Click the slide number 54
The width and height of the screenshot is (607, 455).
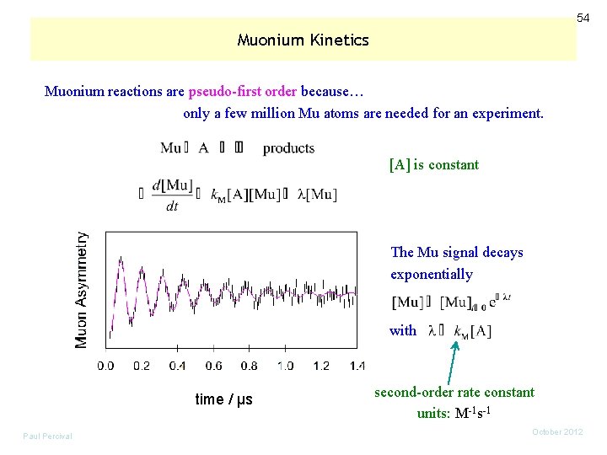[583, 18]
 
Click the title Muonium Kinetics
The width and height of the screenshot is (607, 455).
[303, 40]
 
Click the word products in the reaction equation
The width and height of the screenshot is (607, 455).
[288, 148]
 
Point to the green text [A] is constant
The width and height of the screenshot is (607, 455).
[433, 165]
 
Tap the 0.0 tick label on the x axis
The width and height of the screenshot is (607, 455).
[105, 366]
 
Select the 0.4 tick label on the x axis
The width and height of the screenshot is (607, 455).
[177, 366]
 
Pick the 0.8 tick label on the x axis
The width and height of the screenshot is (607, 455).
[249, 366]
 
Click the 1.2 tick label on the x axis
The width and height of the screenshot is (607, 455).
[320, 366]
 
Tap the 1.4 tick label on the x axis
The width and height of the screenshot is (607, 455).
[357, 366]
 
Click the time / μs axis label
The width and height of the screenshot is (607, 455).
[223, 399]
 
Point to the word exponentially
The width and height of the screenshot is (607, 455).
[431, 274]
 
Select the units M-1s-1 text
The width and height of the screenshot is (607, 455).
[454, 413]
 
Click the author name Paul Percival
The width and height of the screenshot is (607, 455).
[47, 436]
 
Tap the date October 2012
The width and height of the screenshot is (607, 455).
[557, 431]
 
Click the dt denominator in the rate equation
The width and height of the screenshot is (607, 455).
[171, 206]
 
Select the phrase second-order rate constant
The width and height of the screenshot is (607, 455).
[454, 392]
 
